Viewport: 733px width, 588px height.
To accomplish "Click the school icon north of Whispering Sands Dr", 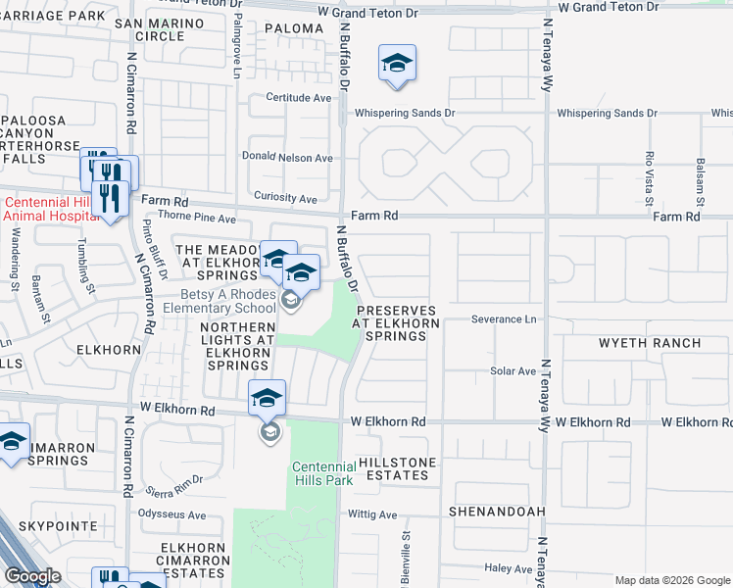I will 397,64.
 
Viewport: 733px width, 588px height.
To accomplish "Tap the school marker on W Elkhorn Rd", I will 268,399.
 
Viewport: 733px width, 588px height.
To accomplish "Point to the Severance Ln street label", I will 505,319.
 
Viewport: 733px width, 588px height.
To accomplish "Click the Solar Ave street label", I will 513,371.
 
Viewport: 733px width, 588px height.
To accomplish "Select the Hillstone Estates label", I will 393,467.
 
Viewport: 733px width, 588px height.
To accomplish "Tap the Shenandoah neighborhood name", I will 495,512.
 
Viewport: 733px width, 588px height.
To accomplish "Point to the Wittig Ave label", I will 372,514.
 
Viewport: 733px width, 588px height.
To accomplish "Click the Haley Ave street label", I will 508,568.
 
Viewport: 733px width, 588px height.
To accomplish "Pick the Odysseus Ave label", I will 173,514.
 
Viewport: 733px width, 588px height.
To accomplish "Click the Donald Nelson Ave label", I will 287,158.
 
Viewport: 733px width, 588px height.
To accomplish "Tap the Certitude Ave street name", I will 299,98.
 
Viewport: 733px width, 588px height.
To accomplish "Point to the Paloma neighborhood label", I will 293,28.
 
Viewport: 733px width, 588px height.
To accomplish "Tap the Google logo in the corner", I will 32,576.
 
